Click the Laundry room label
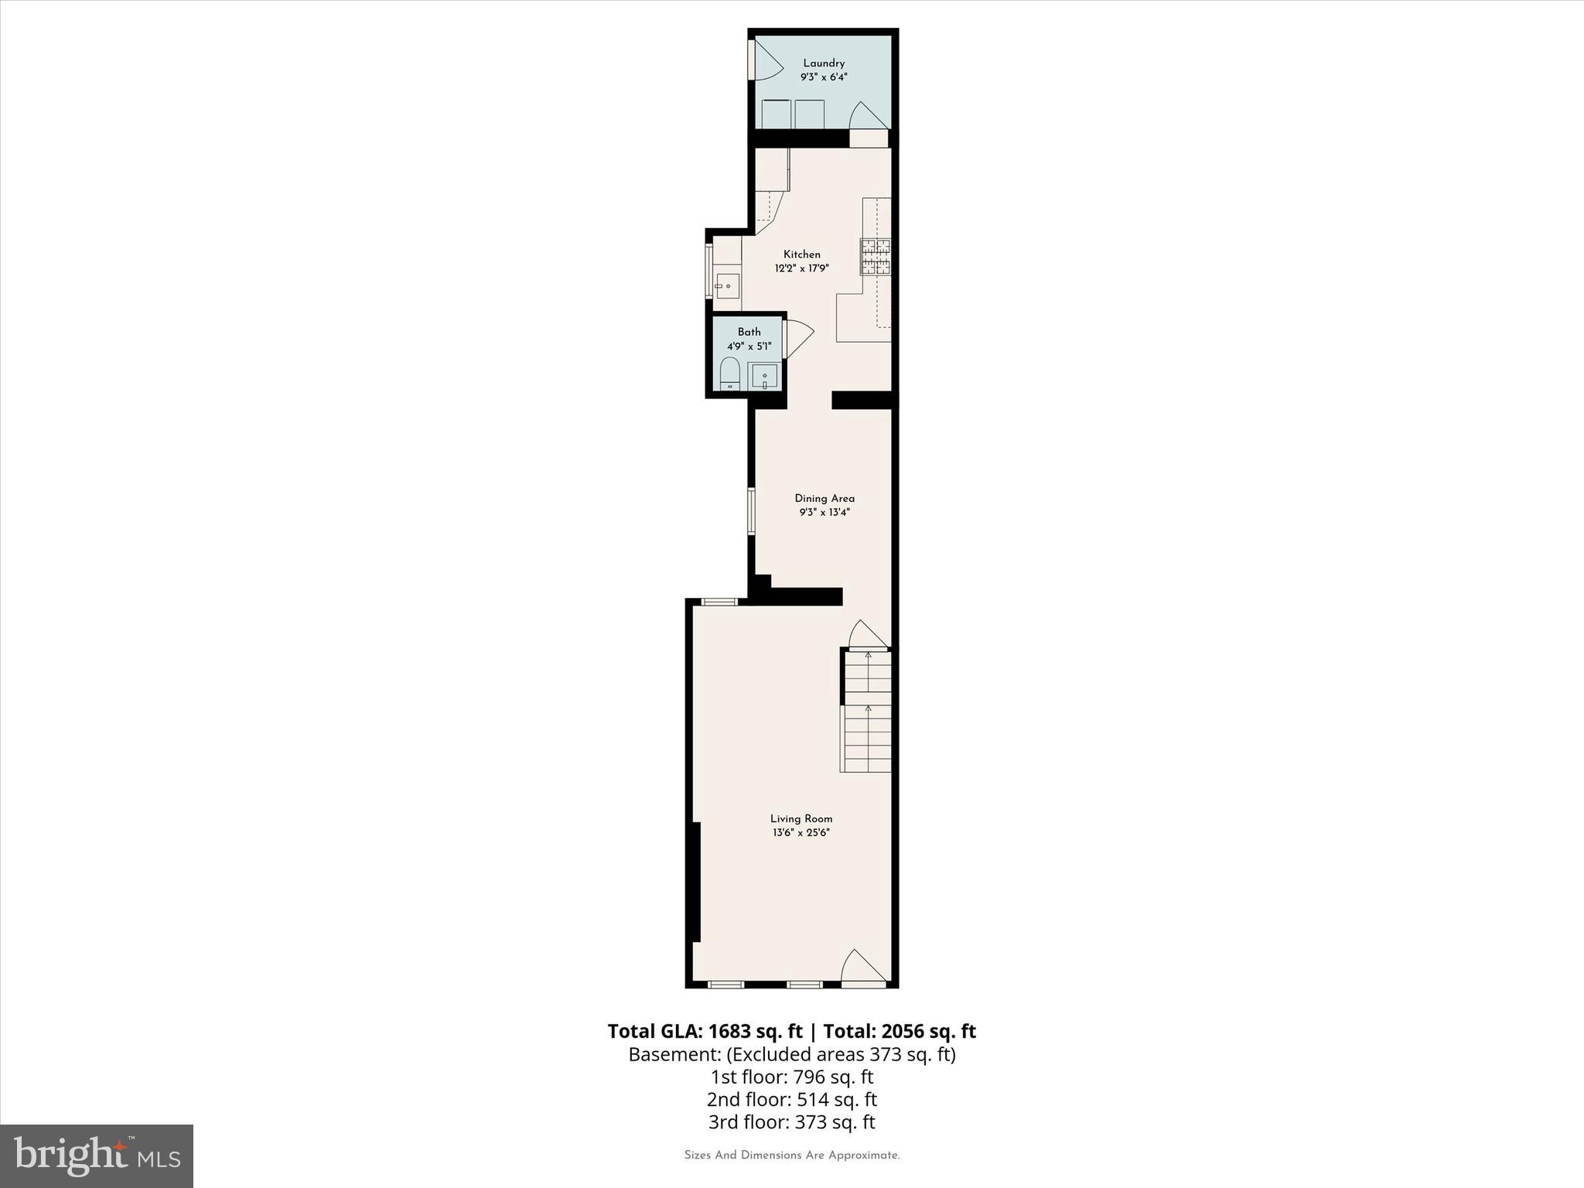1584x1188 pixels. tap(823, 63)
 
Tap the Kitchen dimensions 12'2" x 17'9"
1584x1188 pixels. tap(802, 268)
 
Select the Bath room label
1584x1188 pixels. tap(749, 332)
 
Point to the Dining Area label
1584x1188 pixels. tap(824, 498)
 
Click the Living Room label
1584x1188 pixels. tap(801, 818)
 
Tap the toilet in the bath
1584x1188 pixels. tap(729, 374)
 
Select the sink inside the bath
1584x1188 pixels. tap(764, 377)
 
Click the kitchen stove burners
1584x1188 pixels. tap(876, 257)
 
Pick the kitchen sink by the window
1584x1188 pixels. tap(727, 286)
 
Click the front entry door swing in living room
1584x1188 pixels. tap(862, 968)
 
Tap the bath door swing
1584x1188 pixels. tap(797, 339)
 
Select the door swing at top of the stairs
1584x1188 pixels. tap(866, 635)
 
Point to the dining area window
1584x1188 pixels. tap(750, 510)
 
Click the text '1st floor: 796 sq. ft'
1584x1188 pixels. tap(791, 1076)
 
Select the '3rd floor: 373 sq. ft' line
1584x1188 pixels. tap(791, 1121)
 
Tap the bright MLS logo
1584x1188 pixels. tap(97, 1156)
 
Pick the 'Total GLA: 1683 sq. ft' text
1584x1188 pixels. tap(705, 1031)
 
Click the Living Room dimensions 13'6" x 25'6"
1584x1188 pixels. tap(801, 832)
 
